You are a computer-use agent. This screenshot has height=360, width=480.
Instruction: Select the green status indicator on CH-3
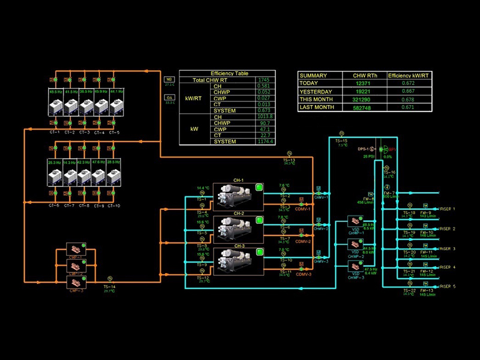[x=259, y=251]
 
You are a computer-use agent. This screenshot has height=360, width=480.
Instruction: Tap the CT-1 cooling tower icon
[x=55, y=106]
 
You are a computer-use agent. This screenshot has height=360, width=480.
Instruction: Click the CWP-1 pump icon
[x=77, y=250]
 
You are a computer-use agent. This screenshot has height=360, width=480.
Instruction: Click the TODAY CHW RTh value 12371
[x=364, y=83]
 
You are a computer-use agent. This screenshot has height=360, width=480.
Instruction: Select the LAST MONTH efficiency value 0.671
[x=409, y=107]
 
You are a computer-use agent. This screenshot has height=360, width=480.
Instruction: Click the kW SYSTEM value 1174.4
[x=263, y=142]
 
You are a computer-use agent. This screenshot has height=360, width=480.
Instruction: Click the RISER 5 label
[x=448, y=286]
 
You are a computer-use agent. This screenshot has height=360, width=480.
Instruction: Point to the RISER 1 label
[x=448, y=209]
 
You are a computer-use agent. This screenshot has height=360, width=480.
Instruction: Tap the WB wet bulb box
[x=169, y=79]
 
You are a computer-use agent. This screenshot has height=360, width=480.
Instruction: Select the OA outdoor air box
[x=169, y=97]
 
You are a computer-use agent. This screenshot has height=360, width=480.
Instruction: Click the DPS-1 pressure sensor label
[x=362, y=148]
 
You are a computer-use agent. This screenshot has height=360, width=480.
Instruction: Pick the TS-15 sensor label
[x=341, y=140]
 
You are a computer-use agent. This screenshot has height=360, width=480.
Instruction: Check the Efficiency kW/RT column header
[x=409, y=76]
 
